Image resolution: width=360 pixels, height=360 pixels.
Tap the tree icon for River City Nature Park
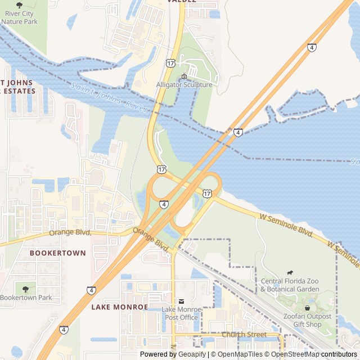click(20, 6)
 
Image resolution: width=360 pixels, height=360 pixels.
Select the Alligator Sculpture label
click(184, 85)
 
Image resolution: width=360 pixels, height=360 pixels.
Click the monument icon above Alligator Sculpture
click(184, 76)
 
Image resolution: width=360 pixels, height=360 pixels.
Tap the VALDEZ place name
click(182, 2)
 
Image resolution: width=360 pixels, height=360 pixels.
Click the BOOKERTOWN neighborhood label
click(58, 253)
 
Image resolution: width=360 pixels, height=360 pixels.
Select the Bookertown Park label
click(26, 298)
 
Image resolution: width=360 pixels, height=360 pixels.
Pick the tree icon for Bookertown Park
click(25, 289)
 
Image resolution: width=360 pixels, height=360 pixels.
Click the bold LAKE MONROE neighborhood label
click(119, 307)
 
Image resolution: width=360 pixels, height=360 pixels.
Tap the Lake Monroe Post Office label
click(180, 313)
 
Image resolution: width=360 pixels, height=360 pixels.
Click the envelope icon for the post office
click(181, 302)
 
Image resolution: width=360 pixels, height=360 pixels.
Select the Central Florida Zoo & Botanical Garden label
click(290, 285)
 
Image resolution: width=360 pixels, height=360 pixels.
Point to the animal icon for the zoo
click(290, 273)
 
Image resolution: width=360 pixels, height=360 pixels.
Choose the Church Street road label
click(244, 335)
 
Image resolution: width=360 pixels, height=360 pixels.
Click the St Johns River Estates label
click(17, 87)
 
